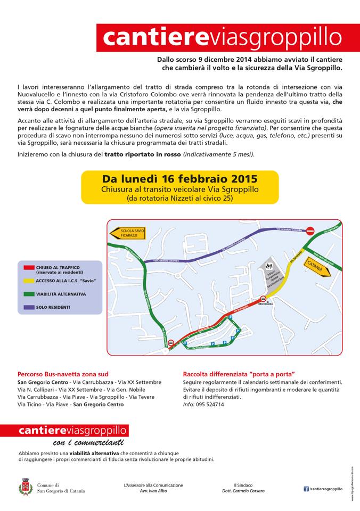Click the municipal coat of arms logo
[x=24, y=487]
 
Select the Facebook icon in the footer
[x=306, y=489]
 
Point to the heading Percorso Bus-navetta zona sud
[x=63, y=374]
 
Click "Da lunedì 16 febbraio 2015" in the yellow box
[x=179, y=178]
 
